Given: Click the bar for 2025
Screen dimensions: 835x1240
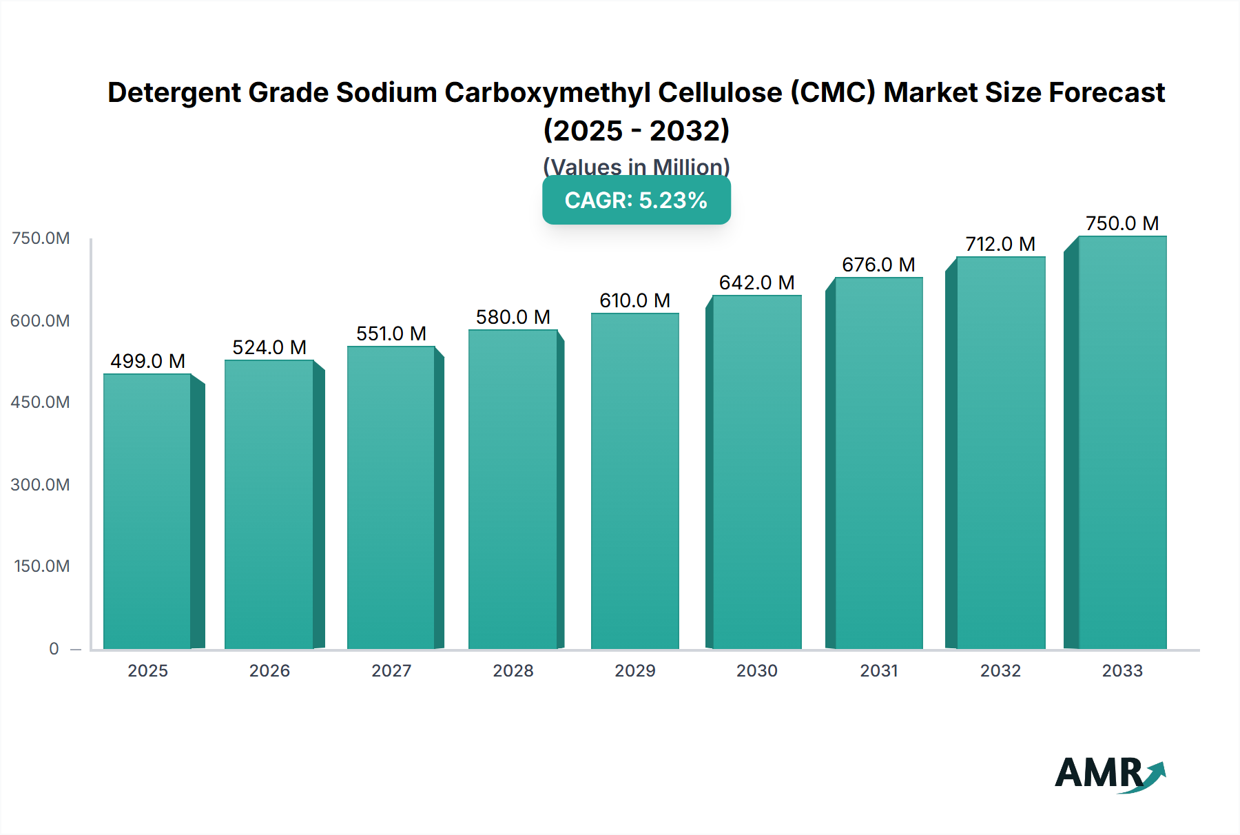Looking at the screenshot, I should coord(147,511).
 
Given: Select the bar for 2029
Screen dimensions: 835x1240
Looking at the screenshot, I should coord(634,481).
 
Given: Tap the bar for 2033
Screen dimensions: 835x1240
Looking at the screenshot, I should coord(1122,442).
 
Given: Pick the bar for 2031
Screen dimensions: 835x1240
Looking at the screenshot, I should coord(878,463).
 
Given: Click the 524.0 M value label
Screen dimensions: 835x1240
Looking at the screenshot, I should coord(269,347).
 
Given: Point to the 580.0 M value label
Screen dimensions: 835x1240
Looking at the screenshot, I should coord(513,317).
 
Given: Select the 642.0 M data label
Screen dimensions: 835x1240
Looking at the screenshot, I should coord(756,282).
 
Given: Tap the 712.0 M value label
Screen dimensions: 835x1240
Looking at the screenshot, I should coord(1000,244).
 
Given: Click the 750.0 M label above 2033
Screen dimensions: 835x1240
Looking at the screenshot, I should coord(1122,223).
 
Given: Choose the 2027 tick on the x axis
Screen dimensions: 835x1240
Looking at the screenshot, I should coord(391,670).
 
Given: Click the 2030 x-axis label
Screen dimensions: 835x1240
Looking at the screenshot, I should coord(756,670).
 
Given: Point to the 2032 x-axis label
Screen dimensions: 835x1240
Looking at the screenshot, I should coord(1000,670).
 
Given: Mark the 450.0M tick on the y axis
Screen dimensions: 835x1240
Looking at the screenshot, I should coord(40,402).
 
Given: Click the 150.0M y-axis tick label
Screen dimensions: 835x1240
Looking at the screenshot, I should coord(41,566).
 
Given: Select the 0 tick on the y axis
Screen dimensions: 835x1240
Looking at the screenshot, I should coord(54,648).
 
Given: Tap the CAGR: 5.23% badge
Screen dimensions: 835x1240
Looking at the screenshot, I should coord(636,200).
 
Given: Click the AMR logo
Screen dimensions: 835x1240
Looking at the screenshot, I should coord(1109,774).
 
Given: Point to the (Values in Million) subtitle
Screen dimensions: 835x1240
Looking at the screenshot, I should coord(636,166).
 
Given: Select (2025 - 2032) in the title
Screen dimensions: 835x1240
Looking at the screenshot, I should coord(636,130).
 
